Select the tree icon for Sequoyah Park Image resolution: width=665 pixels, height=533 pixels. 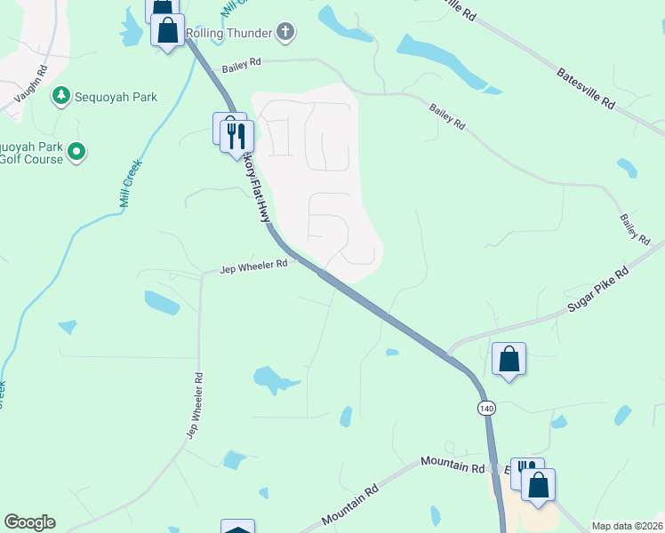pyautogui.click(x=61, y=95)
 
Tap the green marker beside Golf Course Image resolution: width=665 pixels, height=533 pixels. pyautogui.click(x=76, y=153)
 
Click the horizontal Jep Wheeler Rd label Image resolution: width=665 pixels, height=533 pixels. pyautogui.click(x=254, y=265)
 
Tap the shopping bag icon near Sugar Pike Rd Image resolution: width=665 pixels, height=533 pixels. pyautogui.click(x=509, y=360)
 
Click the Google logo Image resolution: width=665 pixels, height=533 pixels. pyautogui.click(x=29, y=522)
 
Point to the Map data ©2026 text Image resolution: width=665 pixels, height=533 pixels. pyautogui.click(x=628, y=526)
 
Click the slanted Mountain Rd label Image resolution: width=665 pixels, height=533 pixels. pyautogui.click(x=350, y=504)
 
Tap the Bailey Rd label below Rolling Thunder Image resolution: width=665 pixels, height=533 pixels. pyautogui.click(x=243, y=63)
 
